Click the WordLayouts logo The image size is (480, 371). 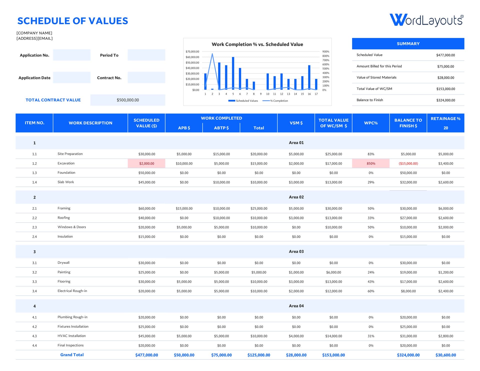426,20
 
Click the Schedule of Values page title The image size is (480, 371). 72,21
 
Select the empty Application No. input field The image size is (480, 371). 72,55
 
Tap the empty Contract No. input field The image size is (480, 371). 146,77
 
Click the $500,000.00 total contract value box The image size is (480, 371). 128,100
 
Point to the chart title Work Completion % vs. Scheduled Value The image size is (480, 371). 257,44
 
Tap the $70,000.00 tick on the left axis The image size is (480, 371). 192,51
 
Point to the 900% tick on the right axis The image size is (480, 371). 326,51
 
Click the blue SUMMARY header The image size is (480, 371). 408,44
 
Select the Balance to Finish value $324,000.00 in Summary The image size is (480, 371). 445,100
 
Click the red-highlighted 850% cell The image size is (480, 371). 371,163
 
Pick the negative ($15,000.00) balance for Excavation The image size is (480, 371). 408,163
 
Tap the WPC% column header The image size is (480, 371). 371,123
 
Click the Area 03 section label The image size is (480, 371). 296,251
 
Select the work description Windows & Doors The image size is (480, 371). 72,227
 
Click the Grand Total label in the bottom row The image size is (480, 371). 72,355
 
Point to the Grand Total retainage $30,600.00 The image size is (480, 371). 445,355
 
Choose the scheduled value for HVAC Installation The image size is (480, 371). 147,336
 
